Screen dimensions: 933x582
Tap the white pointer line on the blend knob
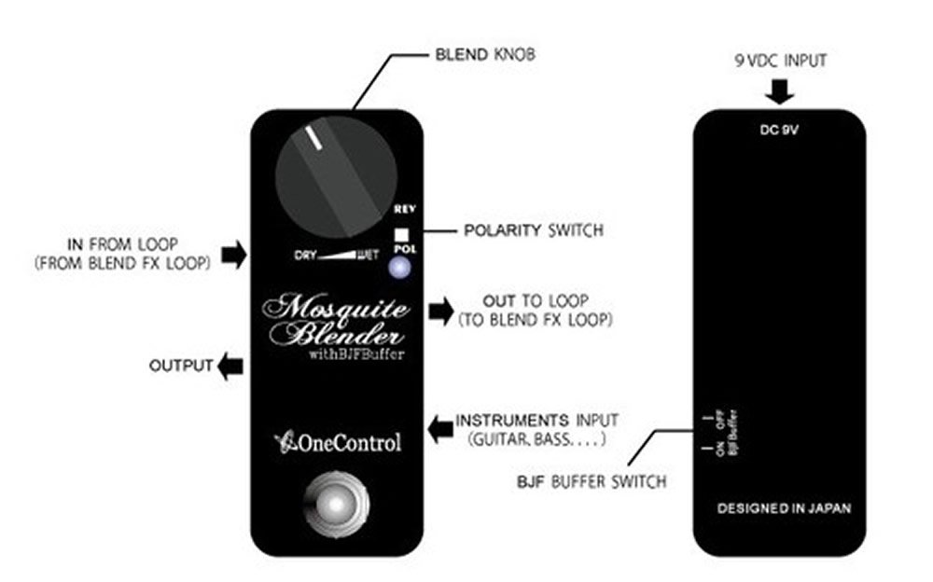point(314,139)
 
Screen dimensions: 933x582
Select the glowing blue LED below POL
point(401,269)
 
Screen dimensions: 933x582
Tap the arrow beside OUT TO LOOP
point(438,311)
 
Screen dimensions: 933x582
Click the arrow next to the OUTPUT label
point(230,367)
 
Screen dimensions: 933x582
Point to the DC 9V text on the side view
point(779,130)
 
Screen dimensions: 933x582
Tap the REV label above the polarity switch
point(403,210)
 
